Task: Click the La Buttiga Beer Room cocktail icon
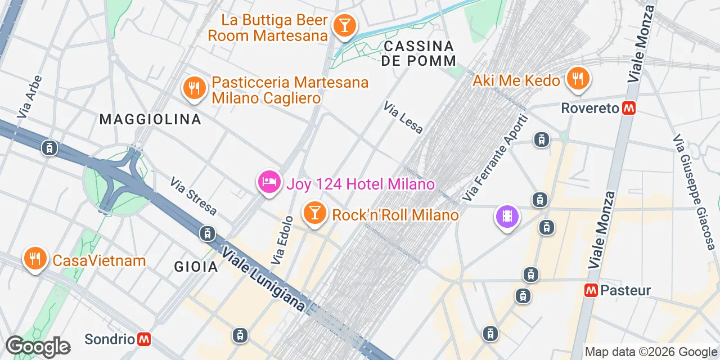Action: [343, 25]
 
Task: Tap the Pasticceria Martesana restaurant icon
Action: [194, 88]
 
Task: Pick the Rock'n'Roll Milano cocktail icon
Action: [314, 213]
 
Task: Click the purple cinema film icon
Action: [507, 217]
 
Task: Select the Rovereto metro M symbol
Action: [628, 109]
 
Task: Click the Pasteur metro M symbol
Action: [591, 290]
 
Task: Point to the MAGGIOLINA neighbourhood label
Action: [150, 119]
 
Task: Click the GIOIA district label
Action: [196, 267]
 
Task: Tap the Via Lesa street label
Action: [403, 118]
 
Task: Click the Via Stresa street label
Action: [193, 196]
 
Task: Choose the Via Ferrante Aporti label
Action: [494, 158]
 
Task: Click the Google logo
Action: [38, 346]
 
